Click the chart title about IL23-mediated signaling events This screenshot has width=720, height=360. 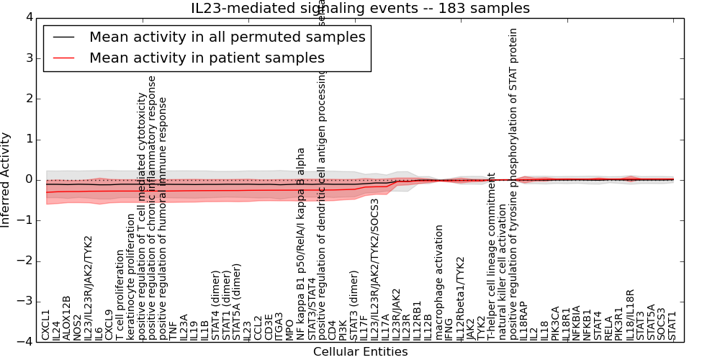coord(360,9)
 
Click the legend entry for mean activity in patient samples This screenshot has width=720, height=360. coord(207,58)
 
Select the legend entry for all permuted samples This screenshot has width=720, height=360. coord(227,37)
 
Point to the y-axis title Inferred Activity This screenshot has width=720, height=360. coord(6,179)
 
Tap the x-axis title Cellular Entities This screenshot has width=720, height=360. coord(360,352)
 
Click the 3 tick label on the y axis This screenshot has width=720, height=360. coord(30,58)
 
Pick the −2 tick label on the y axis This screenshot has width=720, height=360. coord(27,261)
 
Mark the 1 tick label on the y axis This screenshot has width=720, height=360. coord(30,139)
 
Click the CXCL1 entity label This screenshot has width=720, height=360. coord(46,325)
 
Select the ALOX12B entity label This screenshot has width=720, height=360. coord(67,318)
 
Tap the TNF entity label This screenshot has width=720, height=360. coord(173,330)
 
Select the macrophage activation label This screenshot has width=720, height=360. coord(439,282)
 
